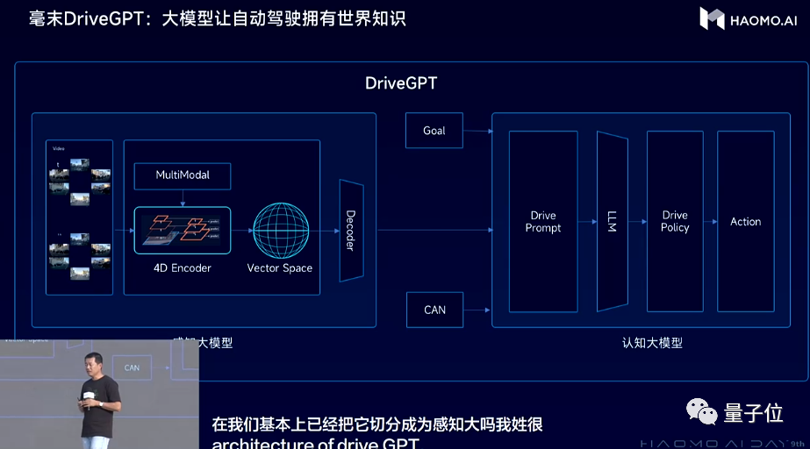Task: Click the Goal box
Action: [434, 131]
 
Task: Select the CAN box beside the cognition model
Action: [434, 310]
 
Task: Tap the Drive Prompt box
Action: [543, 221]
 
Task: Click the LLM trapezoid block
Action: [612, 221]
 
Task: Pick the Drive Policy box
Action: [675, 221]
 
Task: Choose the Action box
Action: [745, 221]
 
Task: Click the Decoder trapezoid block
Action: [350, 231]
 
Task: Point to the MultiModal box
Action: [183, 175]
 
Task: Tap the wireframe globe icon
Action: [280, 230]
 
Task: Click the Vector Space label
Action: [280, 267]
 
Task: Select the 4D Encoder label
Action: [183, 267]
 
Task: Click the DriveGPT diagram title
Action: [401, 83]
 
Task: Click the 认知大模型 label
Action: [646, 343]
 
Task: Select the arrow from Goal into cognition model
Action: [477, 131]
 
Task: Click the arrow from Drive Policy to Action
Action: [710, 221]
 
